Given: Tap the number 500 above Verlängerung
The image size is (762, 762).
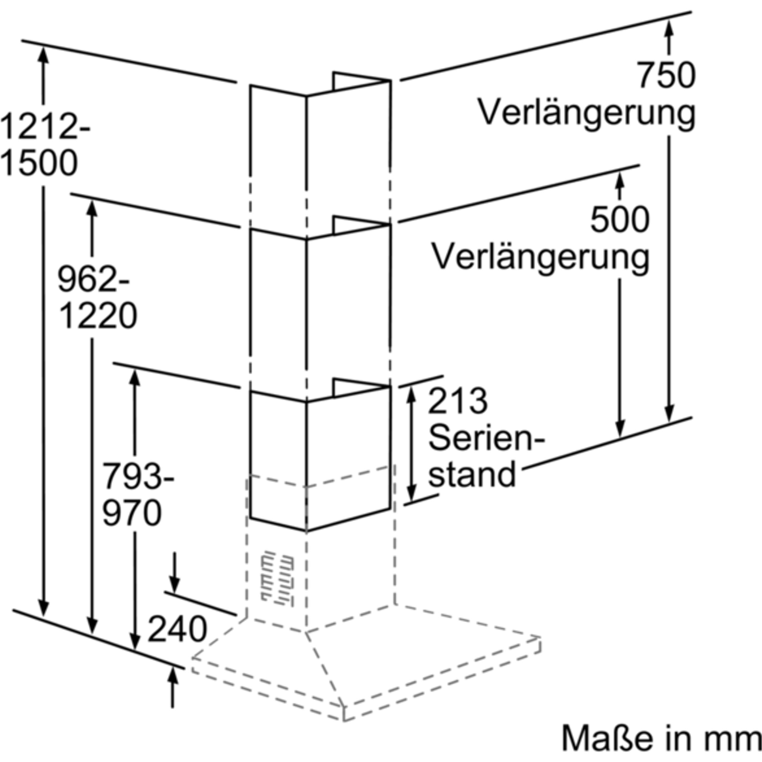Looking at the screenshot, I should pos(619,219).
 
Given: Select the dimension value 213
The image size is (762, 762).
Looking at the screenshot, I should pos(457,401).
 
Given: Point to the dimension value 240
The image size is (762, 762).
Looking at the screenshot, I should pos(177,629).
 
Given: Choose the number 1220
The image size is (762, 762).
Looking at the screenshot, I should pos(98,316).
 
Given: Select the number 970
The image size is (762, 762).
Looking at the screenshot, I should pos(132,513).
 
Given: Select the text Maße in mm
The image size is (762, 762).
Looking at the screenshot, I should pos(661,738).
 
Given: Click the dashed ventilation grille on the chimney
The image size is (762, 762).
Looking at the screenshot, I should pos(277,579).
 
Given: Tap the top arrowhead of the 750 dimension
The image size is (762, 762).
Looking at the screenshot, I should pos(669,28).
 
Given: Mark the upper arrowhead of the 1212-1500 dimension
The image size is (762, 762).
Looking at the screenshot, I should pos(43,54).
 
